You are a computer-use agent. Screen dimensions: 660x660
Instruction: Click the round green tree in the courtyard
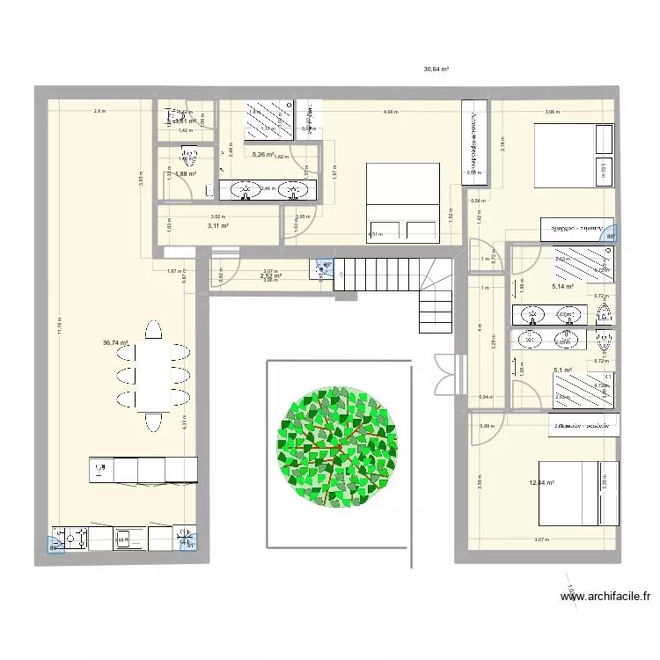[x=339, y=448]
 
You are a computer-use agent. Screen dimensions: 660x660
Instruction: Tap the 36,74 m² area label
[x=116, y=344]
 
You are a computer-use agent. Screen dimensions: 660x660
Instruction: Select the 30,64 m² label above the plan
[x=436, y=69]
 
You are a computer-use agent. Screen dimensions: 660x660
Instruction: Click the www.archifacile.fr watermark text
[x=606, y=597]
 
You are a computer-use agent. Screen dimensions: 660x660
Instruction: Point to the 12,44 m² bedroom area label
[x=542, y=481]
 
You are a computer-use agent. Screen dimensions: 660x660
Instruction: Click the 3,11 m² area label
[x=218, y=226]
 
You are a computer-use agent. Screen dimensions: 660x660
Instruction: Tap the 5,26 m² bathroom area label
[x=263, y=155]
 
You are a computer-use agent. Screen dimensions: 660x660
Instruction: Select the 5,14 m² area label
[x=562, y=286]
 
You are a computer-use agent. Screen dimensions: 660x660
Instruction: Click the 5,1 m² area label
[x=562, y=370]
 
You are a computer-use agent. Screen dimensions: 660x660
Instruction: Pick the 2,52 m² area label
[x=270, y=276]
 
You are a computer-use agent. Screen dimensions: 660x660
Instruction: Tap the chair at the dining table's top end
[x=155, y=330]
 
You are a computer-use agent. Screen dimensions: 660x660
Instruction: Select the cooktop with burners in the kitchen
[x=70, y=537]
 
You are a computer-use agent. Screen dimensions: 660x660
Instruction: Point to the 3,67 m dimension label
[x=540, y=540]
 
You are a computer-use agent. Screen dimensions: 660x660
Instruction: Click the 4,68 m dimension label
[x=389, y=112]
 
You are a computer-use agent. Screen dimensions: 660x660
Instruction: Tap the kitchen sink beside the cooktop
[x=124, y=537]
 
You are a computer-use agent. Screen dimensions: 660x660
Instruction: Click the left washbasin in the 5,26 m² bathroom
[x=241, y=188]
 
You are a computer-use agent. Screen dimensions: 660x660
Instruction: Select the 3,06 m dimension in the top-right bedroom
[x=552, y=112]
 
